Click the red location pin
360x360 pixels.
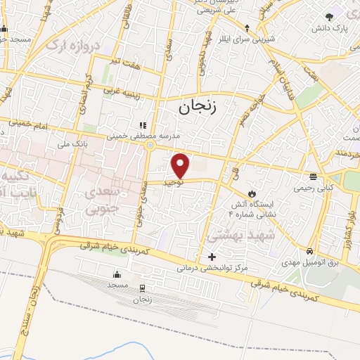tap(181, 165)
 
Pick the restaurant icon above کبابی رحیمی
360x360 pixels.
tap(312, 176)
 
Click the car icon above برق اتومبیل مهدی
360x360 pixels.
tap(309, 251)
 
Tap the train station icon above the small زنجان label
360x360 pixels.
tap(143, 288)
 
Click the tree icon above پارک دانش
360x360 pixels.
tap(329, 17)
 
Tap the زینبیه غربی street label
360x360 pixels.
tap(120, 89)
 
